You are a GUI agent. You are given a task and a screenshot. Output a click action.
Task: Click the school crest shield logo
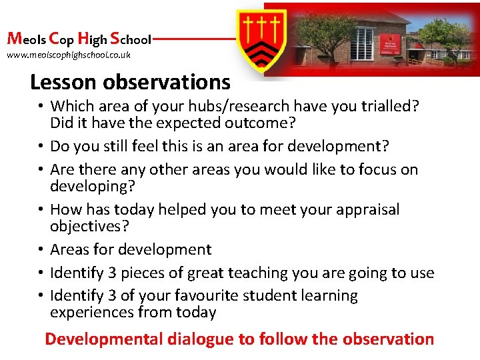point(263,40)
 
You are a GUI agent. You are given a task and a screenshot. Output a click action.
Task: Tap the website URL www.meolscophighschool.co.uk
point(69,55)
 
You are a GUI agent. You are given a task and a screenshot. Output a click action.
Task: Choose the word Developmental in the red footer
point(103,339)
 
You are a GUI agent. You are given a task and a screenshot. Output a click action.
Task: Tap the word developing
point(88,186)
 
